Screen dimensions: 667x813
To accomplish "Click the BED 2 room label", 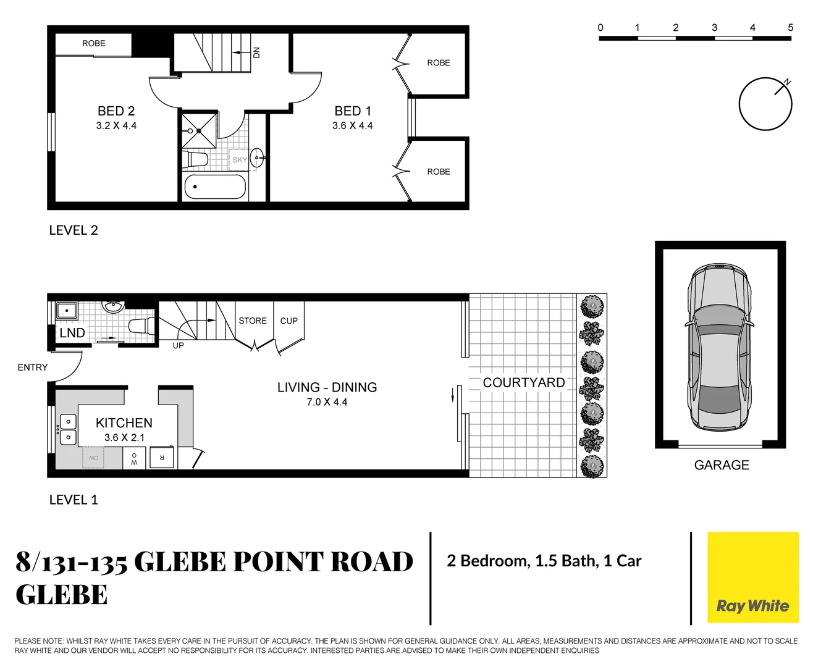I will [116, 111].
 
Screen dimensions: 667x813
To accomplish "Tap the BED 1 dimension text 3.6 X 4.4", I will [352, 126].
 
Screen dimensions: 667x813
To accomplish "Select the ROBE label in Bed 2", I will [94, 43].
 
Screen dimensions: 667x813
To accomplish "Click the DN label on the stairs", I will [256, 52].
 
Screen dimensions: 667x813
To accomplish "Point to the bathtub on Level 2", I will [215, 187].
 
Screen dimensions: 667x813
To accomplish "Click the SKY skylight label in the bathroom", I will [240, 160].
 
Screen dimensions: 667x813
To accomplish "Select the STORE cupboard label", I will [253, 321].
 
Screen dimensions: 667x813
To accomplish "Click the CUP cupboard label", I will [289, 321].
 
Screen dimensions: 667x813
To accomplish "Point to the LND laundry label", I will [72, 333].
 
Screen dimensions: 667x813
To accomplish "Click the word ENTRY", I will [33, 367].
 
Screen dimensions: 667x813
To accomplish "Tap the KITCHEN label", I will [124, 423].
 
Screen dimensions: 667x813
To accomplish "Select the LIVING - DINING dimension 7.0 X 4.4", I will [327, 402].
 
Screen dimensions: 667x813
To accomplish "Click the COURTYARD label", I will [524, 383].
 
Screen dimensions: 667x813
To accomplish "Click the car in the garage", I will [720, 346].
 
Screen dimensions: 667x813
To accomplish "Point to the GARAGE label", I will [722, 465].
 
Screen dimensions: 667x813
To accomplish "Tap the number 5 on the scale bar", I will [790, 28].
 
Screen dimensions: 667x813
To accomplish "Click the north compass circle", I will [765, 104].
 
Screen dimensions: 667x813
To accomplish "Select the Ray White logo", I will [752, 577].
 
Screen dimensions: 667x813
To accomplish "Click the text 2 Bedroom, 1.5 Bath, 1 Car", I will [544, 561].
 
